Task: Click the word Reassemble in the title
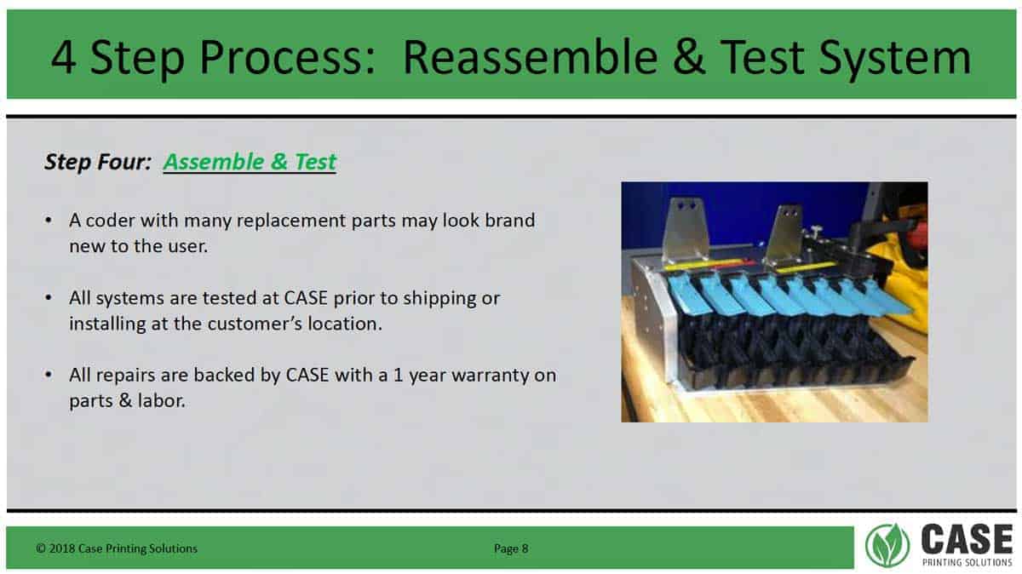(531, 58)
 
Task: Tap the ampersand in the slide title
(689, 58)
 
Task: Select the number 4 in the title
(63, 58)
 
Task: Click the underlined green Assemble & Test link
(250, 162)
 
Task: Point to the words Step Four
(98, 162)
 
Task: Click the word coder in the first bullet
(110, 221)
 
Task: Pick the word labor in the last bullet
(162, 400)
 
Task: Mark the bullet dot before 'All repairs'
(49, 375)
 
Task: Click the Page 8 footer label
(511, 548)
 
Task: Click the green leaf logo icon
(887, 545)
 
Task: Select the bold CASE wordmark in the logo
(967, 539)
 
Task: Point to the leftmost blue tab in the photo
(685, 294)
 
